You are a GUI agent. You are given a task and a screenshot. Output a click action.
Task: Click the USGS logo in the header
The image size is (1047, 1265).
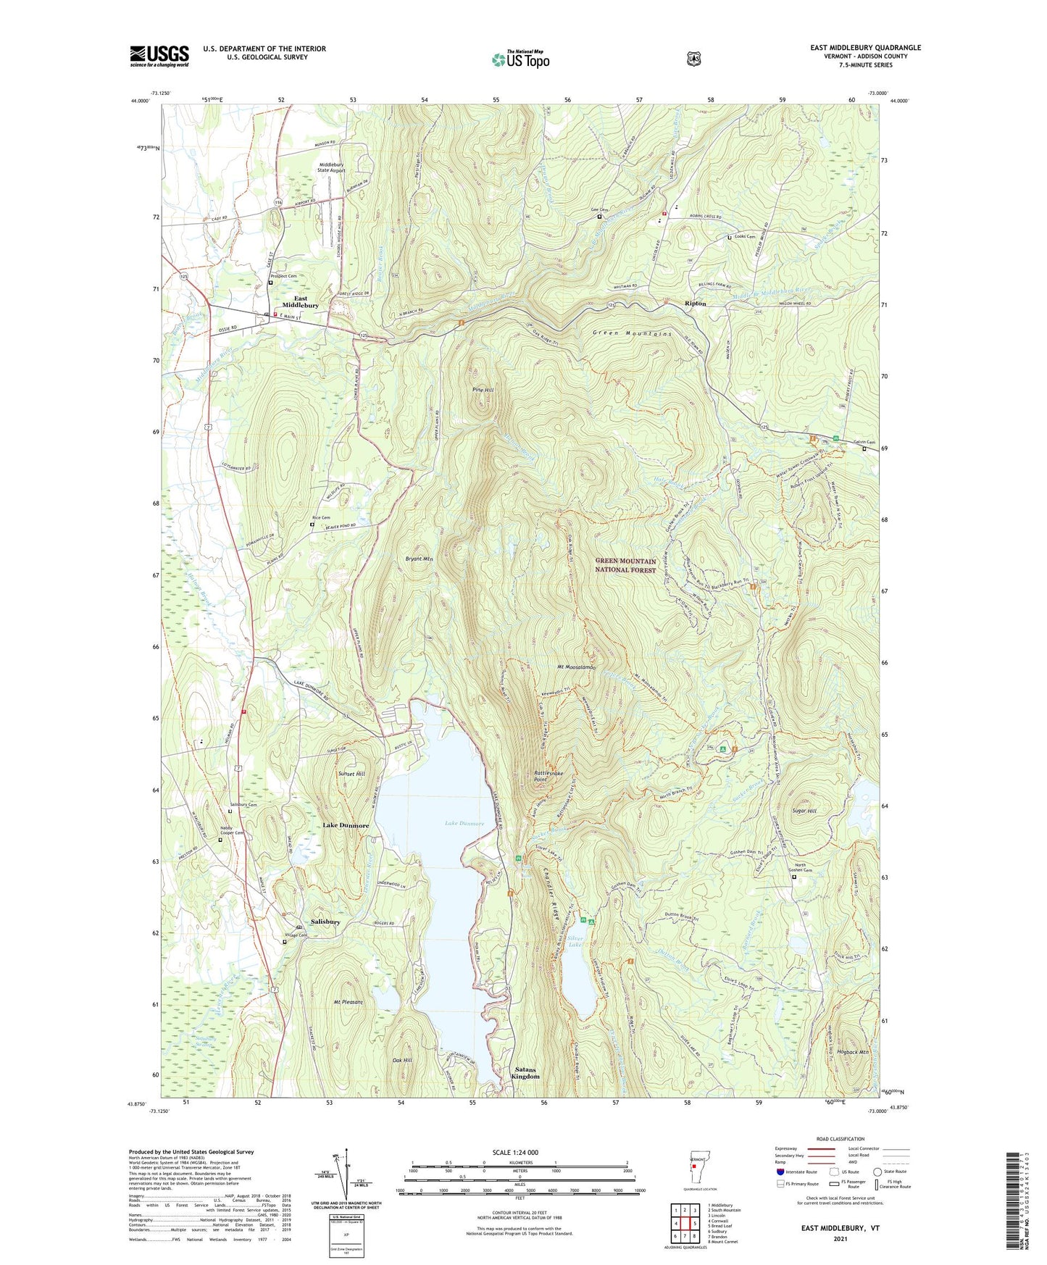pyautogui.click(x=159, y=56)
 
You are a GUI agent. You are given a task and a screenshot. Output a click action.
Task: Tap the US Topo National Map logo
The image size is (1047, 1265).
pyautogui.click(x=520, y=59)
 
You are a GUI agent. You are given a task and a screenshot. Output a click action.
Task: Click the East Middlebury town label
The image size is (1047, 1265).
pyautogui.click(x=300, y=302)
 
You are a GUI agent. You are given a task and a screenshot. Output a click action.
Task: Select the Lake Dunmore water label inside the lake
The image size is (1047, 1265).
pyautogui.click(x=464, y=823)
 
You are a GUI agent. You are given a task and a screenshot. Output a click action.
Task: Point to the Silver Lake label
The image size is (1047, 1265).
pyautogui.click(x=575, y=940)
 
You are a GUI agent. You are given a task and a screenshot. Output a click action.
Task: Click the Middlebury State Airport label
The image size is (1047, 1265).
pyautogui.click(x=332, y=167)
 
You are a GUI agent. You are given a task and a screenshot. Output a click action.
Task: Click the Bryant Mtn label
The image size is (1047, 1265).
pyautogui.click(x=419, y=559)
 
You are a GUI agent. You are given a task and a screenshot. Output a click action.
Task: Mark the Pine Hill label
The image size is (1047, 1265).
pyautogui.click(x=483, y=390)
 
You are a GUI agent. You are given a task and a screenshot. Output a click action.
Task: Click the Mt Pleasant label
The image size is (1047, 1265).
pyautogui.click(x=348, y=1002)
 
